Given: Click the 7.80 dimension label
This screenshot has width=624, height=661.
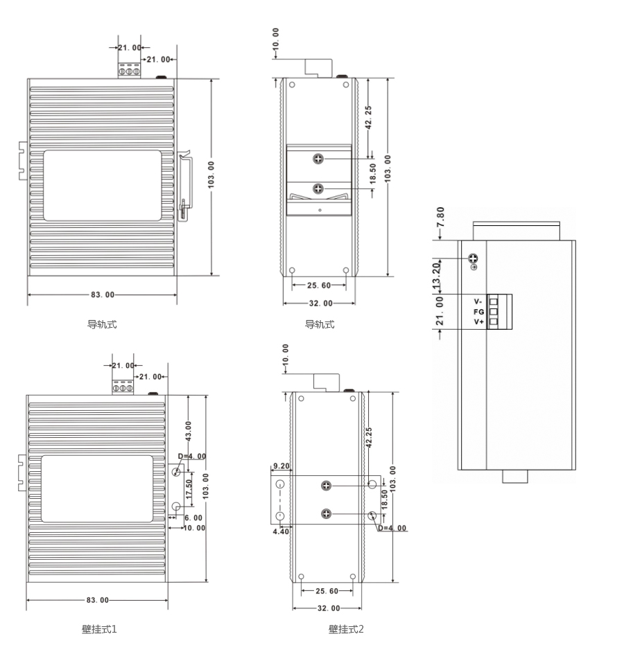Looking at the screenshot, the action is point(440,217).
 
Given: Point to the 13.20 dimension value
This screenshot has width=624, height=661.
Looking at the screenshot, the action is point(436,275).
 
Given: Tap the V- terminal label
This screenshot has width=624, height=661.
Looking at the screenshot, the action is point(478,301).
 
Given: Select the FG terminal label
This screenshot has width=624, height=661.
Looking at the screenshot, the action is point(478,312).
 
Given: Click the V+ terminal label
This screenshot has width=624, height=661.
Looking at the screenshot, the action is point(478,322).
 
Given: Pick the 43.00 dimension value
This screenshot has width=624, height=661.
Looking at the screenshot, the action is point(188,431).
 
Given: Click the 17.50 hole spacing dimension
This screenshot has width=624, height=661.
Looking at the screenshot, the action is point(189,489).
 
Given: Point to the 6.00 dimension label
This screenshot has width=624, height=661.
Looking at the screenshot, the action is point(193,518).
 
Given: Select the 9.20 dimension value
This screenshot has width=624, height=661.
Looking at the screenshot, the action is point(281,466).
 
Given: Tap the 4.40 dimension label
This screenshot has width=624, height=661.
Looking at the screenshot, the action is point(281,531).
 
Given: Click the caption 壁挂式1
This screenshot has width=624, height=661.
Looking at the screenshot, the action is point(99,629).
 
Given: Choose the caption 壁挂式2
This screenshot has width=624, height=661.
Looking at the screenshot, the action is point(346,629).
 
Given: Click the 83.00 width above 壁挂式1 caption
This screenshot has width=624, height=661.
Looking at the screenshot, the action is point(98,600).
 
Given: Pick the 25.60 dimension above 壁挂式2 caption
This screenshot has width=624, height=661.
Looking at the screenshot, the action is point(327,591).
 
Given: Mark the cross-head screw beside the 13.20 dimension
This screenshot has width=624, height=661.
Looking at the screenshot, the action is point(474,258).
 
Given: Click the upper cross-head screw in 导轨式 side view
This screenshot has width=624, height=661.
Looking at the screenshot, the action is point(318,159).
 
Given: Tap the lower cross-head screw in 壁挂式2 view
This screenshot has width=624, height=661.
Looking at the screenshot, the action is point(326,514).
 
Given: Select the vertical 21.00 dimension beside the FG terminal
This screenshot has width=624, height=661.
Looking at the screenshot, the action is point(440,311).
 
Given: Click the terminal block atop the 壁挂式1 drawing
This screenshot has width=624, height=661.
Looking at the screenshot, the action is point(123,387).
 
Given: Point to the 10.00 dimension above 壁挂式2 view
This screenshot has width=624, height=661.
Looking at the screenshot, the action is point(286,355).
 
